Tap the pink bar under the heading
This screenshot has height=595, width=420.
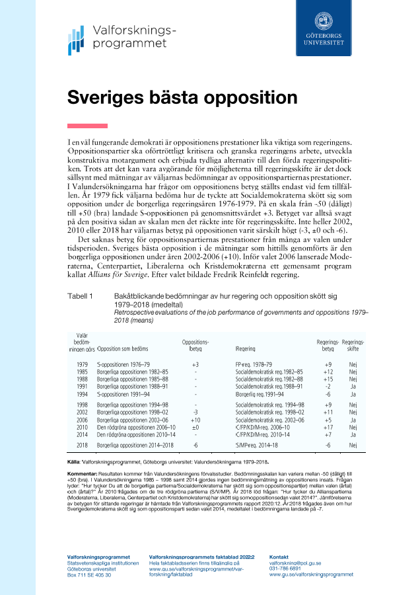(87, 126)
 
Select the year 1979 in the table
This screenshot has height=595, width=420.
(83, 364)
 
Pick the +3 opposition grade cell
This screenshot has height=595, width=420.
(195, 364)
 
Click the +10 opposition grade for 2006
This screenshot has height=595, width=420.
(195, 420)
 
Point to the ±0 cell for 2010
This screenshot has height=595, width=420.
(195, 428)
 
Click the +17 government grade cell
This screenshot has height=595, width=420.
(328, 428)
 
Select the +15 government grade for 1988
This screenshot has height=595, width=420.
(328, 379)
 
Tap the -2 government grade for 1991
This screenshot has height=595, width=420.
(328, 387)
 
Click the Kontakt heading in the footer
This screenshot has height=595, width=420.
(280, 557)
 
